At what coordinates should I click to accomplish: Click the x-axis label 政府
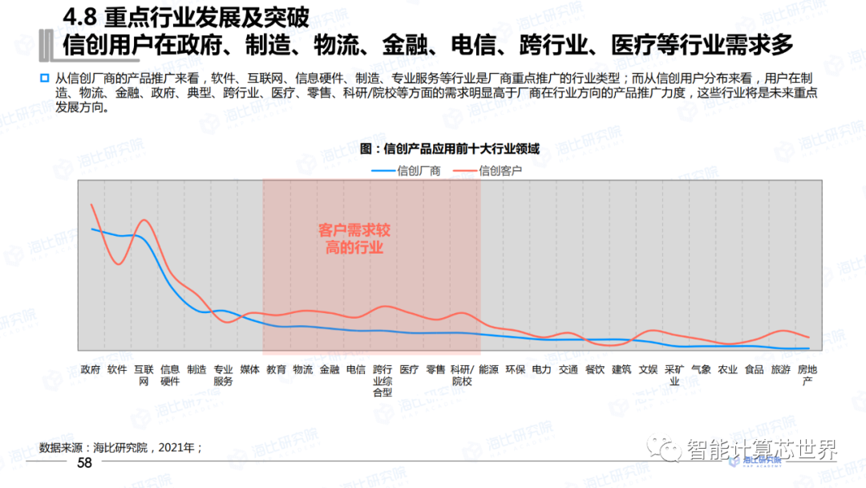coord(91,370)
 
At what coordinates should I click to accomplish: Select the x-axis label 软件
coord(117,370)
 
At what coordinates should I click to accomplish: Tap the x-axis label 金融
coord(330,370)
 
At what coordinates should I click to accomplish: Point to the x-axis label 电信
coord(356,370)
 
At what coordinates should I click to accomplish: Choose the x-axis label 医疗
coord(409,370)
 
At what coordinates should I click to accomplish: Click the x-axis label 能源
coord(488,370)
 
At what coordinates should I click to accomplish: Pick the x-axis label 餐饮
coord(595,370)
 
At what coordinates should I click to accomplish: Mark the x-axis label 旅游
coord(780,370)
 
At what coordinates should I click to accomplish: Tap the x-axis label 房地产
coord(807,375)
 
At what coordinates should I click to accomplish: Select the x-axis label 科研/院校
coord(462,375)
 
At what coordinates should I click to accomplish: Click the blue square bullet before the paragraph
coord(46,79)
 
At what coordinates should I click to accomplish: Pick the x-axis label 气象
coord(701,370)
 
